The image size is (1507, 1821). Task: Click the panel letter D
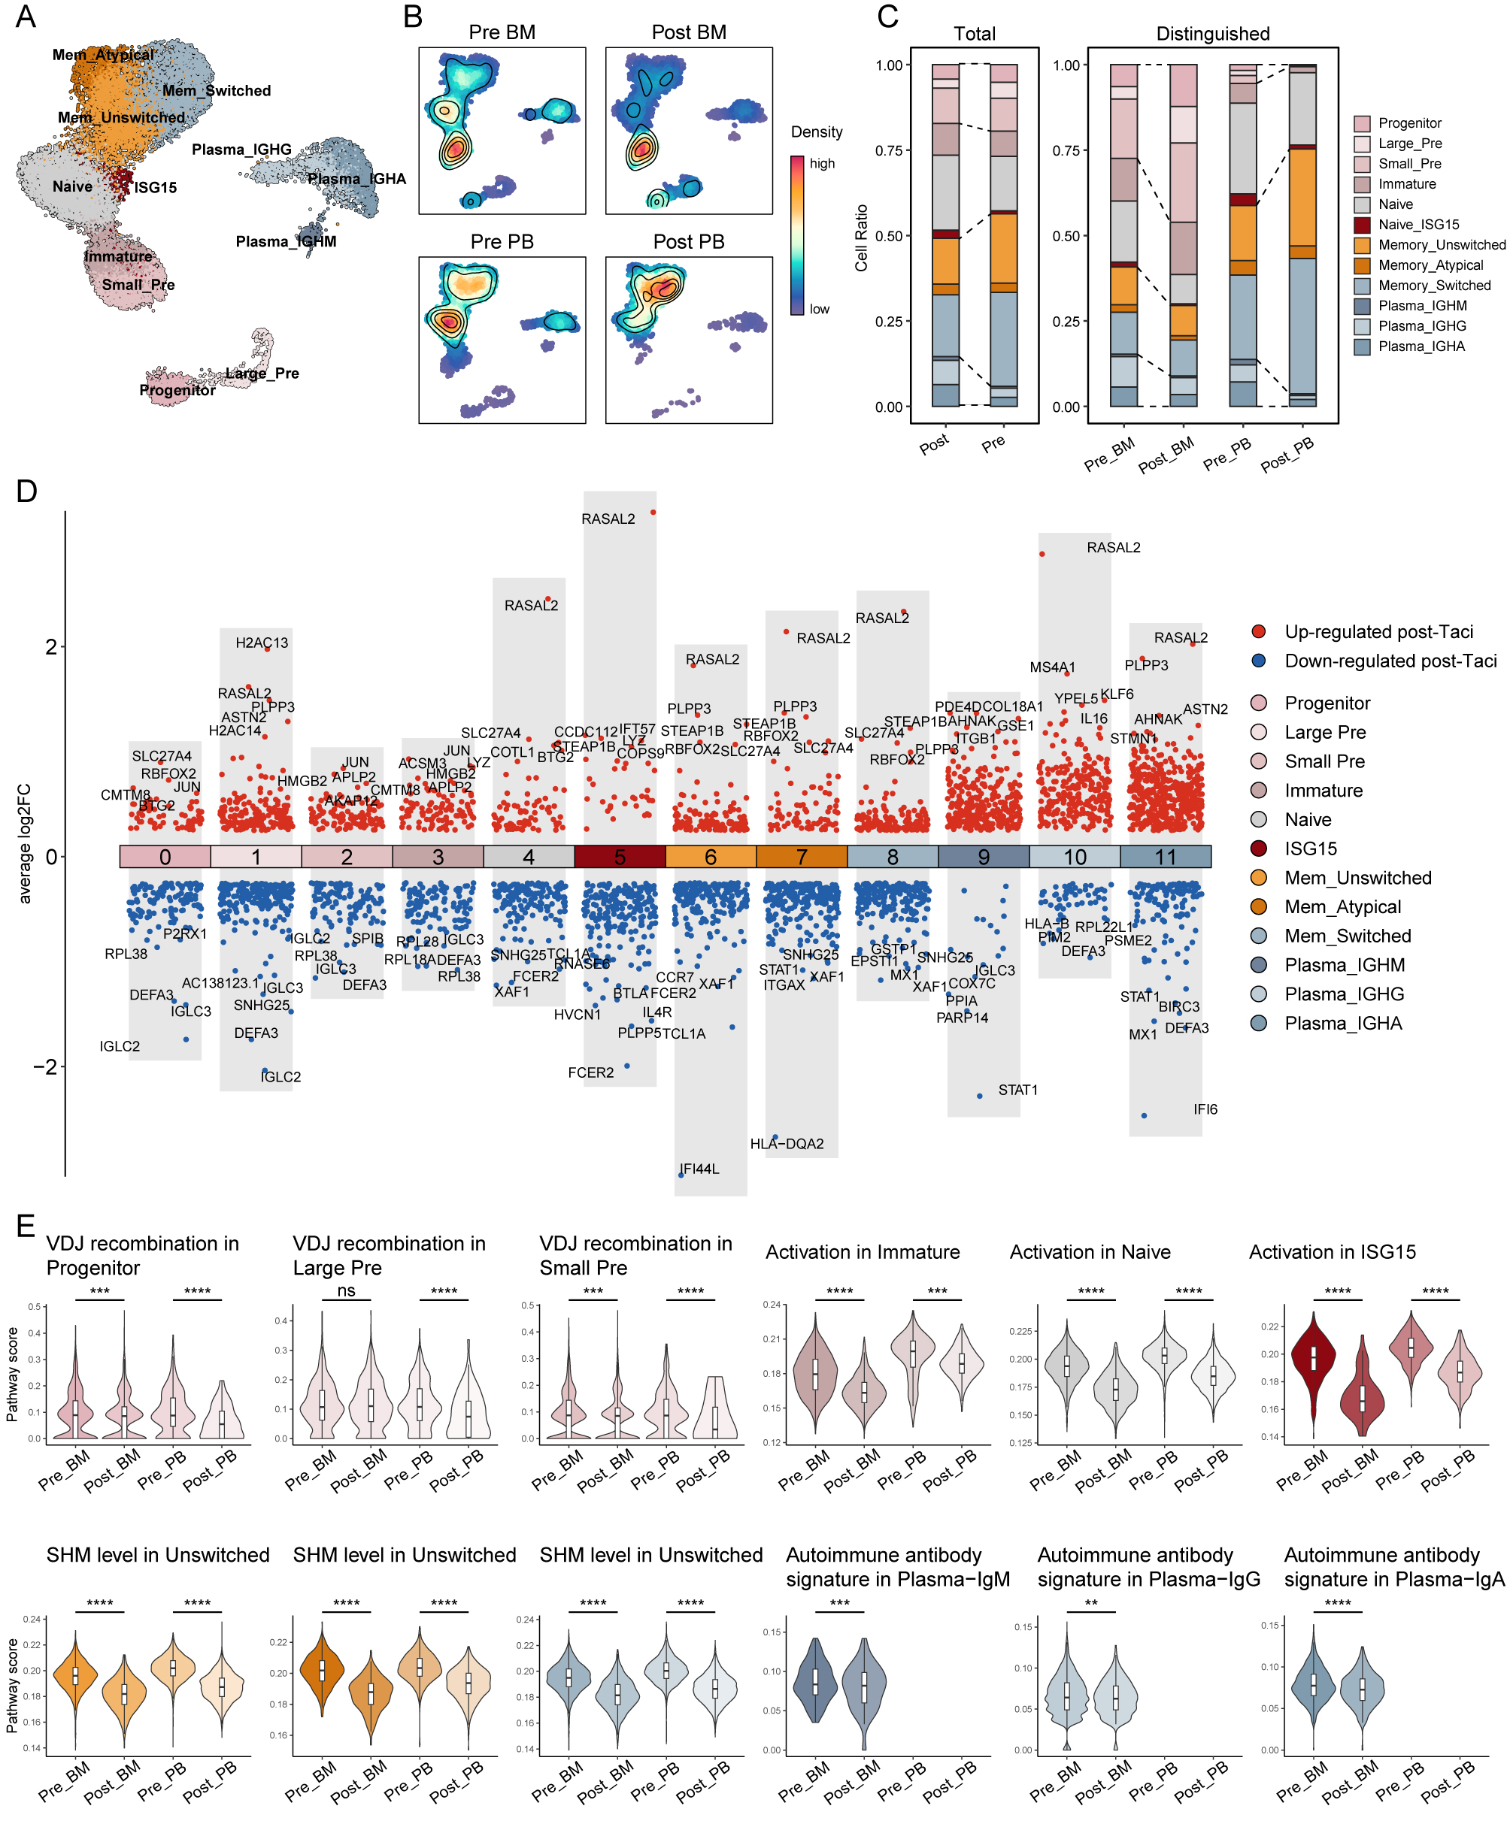26,491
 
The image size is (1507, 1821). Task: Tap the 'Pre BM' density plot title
502,33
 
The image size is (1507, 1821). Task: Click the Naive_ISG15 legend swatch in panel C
1361,225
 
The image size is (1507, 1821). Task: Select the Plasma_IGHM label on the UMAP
286,242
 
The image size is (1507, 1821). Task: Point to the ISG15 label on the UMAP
156,187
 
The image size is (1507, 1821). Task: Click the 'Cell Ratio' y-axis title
860,237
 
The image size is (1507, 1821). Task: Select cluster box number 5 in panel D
620,857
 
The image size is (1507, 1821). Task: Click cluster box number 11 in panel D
1165,857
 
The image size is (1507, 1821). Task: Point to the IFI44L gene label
699,1169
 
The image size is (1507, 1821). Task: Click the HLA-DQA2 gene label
787,1144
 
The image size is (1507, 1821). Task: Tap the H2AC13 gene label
261,643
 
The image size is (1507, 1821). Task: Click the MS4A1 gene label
1051,667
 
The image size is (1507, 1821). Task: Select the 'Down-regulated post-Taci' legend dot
1258,661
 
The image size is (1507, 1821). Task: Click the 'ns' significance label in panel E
345,1290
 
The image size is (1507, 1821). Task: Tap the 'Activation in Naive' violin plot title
1089,1251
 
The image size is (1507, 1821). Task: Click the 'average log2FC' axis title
24,843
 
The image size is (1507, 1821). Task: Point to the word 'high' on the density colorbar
822,163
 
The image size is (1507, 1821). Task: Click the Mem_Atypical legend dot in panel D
1258,906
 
